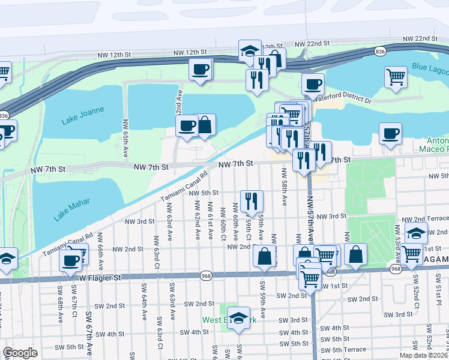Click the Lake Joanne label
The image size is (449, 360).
(x=83, y=116)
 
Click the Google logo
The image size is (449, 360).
(x=20, y=352)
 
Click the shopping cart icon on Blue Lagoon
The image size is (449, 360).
(x=396, y=77)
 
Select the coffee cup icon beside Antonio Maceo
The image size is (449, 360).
(x=390, y=133)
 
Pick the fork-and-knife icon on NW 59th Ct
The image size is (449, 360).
(x=252, y=200)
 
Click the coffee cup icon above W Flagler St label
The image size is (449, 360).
(x=71, y=260)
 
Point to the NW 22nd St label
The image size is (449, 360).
(x=313, y=44)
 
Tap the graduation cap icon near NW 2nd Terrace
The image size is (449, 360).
(x=415, y=233)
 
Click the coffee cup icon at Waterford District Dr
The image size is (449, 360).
(x=313, y=84)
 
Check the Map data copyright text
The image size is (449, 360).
(x=424, y=355)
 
